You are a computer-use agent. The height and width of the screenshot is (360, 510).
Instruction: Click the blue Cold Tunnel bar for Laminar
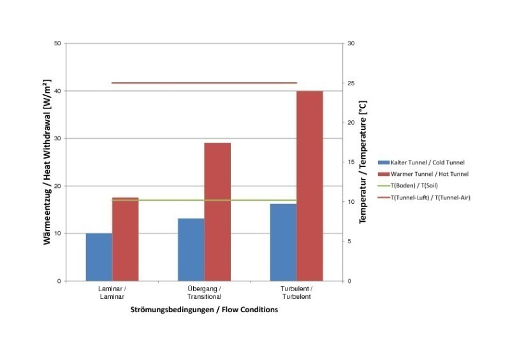click(99, 257)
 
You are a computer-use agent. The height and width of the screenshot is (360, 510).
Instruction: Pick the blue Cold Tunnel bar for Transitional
click(191, 249)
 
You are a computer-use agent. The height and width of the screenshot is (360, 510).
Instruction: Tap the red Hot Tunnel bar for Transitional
click(217, 212)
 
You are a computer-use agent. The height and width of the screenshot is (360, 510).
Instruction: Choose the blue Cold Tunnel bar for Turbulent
click(283, 242)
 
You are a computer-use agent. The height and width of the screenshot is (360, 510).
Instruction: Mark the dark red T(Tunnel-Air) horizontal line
click(204, 83)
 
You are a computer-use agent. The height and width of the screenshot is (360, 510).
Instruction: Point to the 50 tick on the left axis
click(57, 43)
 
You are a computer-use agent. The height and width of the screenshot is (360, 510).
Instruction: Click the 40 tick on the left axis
click(57, 91)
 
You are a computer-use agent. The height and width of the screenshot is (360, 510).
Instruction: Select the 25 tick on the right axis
click(349, 83)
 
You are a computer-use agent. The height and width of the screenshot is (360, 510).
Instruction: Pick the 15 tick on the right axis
click(349, 162)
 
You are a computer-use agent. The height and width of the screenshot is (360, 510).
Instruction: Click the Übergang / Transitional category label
click(204, 292)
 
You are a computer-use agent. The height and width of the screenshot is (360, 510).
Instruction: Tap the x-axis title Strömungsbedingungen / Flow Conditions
click(204, 310)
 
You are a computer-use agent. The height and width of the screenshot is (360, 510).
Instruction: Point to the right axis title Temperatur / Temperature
click(363, 162)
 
